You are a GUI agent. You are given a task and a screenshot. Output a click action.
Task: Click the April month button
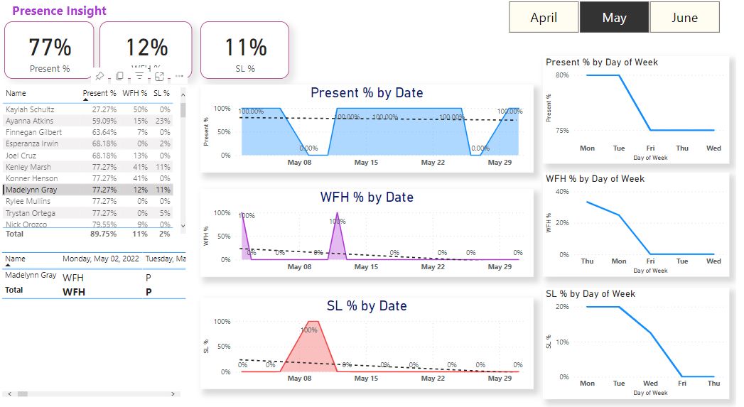click(544, 18)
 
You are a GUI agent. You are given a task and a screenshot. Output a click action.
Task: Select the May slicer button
click(614, 18)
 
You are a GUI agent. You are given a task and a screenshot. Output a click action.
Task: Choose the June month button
click(684, 18)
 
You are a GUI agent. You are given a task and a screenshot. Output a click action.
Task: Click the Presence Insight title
click(59, 11)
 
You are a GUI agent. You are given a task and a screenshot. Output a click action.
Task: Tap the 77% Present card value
click(50, 48)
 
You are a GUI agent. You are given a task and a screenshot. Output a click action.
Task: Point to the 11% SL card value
click(245, 48)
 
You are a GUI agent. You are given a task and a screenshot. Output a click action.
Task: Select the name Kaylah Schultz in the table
click(30, 109)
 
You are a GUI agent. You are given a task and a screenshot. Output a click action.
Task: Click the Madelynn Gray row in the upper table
click(33, 190)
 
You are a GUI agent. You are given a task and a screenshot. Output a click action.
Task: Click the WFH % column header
click(134, 93)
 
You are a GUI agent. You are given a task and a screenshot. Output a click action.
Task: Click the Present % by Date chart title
click(367, 93)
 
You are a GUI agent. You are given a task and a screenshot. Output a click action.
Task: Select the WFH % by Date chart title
click(367, 197)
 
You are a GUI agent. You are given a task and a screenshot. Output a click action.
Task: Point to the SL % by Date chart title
click(367, 306)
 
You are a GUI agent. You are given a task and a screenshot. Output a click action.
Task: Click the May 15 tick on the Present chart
click(366, 163)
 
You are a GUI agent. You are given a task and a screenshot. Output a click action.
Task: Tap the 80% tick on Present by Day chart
click(562, 75)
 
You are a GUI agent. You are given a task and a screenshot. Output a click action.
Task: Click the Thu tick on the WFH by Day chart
click(587, 261)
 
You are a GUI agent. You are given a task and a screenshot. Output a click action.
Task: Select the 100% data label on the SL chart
click(308, 330)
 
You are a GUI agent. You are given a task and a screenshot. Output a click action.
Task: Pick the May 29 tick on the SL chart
click(500, 379)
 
